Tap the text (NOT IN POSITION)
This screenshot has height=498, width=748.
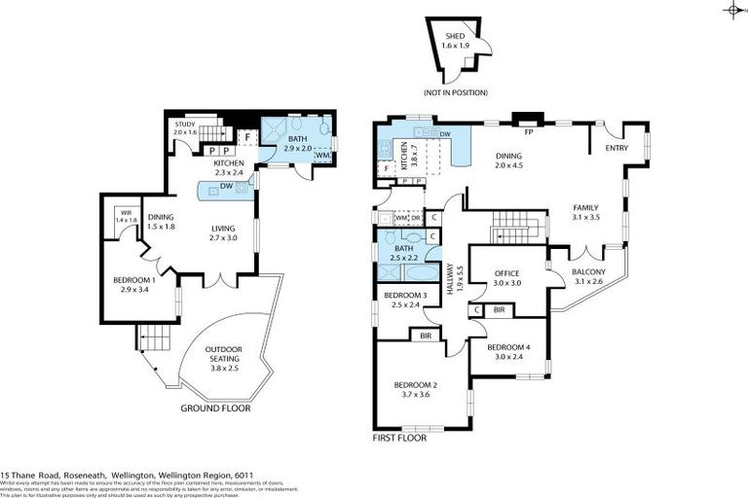coord(455,92)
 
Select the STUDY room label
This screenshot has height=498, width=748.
coord(185,124)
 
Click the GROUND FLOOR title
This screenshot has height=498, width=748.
coord(215,409)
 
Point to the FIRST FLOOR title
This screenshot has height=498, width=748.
coord(399,439)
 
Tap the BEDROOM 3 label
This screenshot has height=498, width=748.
coord(405,295)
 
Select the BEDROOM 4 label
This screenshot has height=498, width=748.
coord(507,347)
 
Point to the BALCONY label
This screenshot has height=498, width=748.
coord(589,271)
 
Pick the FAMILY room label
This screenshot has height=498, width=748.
coord(586,208)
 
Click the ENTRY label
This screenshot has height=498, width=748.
coord(617,148)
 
